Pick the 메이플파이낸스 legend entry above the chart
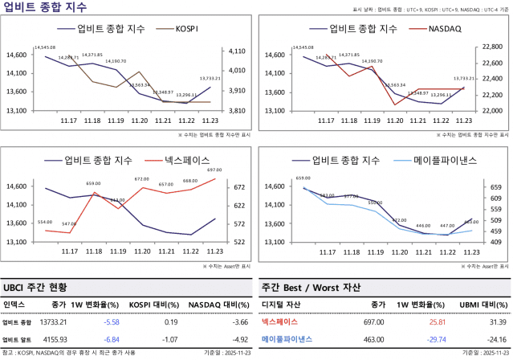445,160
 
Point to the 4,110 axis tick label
238,51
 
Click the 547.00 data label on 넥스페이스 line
69,224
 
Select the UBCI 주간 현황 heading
35,286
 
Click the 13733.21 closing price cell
52,321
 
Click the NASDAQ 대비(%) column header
217,305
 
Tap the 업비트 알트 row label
15,338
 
